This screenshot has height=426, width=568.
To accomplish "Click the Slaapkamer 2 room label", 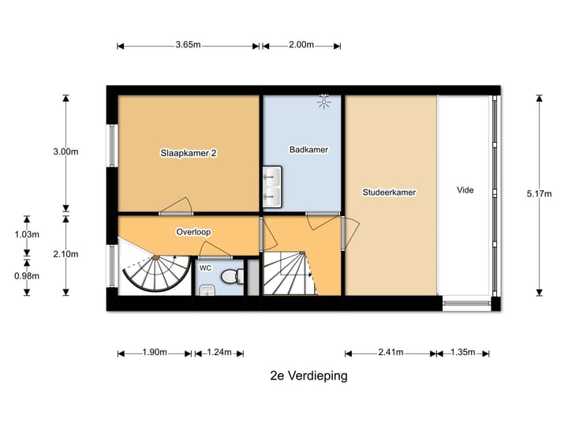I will (189, 154).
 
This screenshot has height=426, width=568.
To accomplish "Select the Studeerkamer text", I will (389, 192).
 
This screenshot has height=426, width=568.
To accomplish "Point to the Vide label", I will (465, 190).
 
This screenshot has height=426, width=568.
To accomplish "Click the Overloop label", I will (193, 232).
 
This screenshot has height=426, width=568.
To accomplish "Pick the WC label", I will (205, 268).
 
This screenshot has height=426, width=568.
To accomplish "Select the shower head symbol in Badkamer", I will (323, 100).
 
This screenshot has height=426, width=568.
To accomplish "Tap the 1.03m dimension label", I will (27, 234).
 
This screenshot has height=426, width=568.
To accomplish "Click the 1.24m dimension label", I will (219, 353).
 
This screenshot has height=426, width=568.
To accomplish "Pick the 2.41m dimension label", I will (390, 353).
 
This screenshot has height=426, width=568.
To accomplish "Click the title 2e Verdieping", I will (308, 376).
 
